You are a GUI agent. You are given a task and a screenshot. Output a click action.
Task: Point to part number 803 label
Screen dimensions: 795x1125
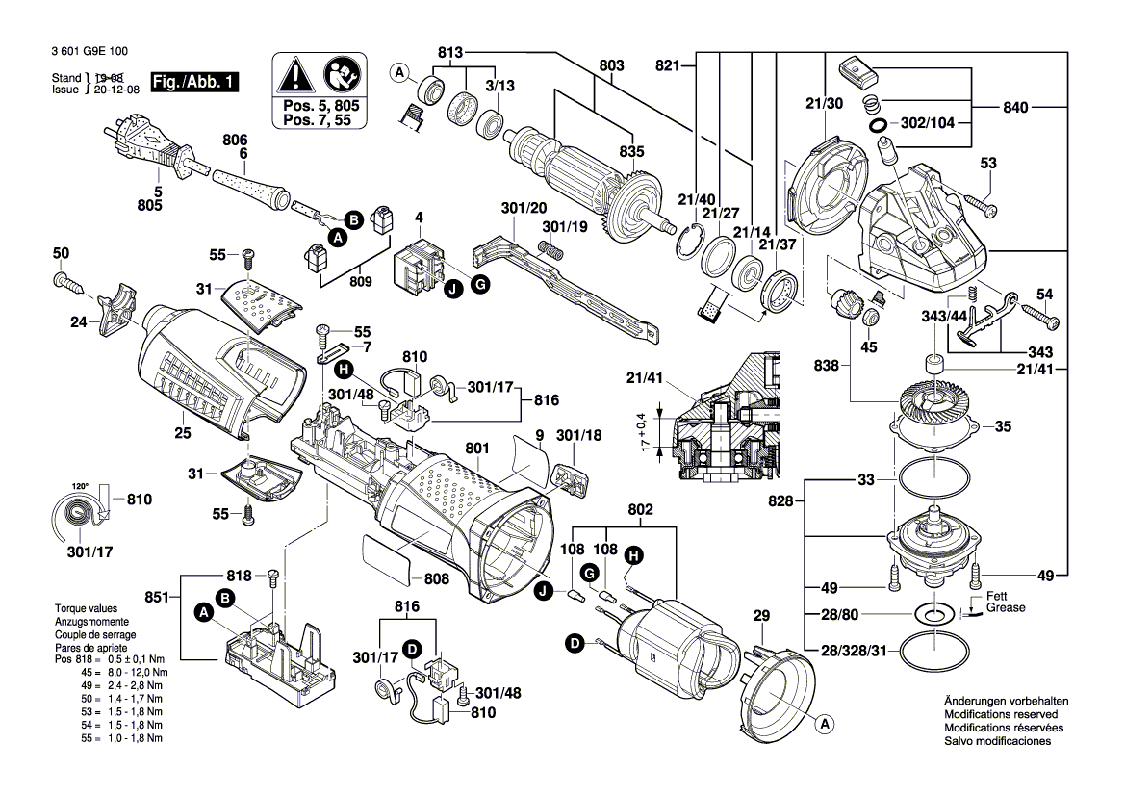[x=611, y=65]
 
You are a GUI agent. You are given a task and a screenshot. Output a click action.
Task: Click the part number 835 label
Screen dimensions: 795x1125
[x=631, y=152]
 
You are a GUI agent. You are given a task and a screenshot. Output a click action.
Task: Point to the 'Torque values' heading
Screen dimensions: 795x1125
[x=86, y=609]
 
